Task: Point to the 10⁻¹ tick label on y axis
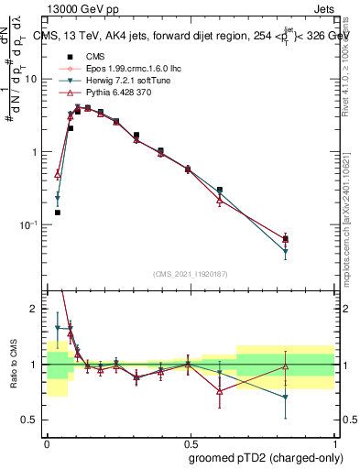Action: pyautogui.click(x=30, y=225)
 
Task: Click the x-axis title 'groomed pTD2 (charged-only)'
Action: pyautogui.click(x=267, y=457)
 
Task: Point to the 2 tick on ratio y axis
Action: pyautogui.click(x=35, y=309)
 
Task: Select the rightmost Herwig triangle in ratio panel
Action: pyautogui.click(x=286, y=397)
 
